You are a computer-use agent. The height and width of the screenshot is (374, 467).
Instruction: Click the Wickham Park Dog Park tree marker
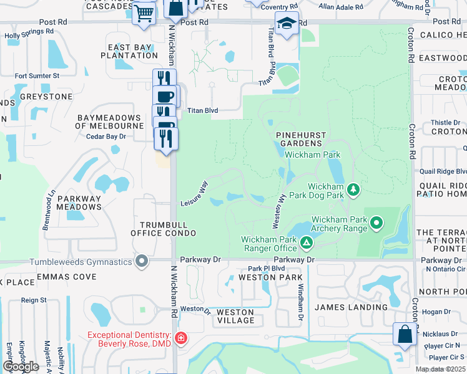tap(353, 189)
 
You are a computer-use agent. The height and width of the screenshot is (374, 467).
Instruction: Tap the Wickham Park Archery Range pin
tap(376, 222)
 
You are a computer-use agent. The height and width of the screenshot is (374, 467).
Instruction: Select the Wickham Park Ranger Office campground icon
tap(306, 242)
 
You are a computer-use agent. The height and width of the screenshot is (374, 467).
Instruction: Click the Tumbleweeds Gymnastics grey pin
tap(142, 261)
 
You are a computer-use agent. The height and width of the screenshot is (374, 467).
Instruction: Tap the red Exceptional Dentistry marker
tap(180, 338)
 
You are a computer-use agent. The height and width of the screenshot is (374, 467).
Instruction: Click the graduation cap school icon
tap(287, 24)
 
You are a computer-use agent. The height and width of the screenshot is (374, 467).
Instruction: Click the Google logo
tap(21, 366)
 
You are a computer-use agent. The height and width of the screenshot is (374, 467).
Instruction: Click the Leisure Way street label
tap(194, 194)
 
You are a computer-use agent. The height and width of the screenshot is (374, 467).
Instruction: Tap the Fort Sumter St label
tap(37, 76)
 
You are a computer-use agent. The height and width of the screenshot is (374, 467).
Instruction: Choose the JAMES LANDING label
tap(350, 307)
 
